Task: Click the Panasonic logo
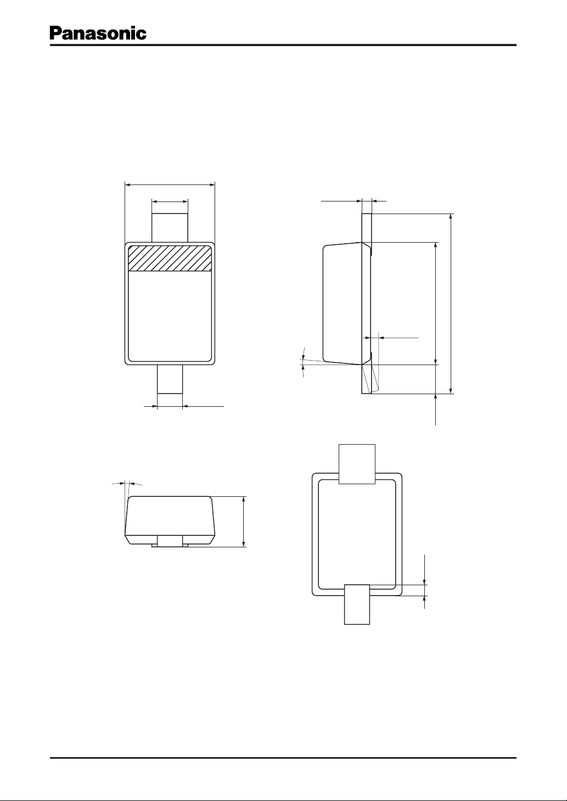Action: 98,33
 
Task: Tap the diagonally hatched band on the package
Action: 170,258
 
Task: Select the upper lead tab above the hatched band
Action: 170,228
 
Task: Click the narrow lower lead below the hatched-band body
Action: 170,379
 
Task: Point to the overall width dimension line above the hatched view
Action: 170,185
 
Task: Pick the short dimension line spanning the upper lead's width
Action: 170,201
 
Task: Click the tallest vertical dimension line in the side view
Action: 451,304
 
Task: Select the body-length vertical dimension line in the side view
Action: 436,304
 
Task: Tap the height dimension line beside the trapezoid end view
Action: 244,522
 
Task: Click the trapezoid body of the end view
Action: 170,520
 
